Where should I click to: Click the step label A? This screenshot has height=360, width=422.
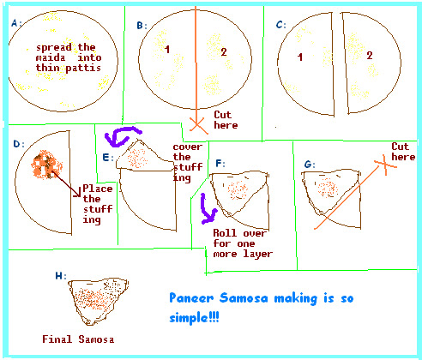tap(16, 23)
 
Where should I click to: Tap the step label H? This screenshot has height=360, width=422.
tap(61, 276)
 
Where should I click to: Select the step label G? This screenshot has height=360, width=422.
tap(310, 165)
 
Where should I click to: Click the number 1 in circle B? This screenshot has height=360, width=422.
tap(167, 50)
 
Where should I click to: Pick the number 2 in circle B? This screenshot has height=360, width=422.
tap(224, 51)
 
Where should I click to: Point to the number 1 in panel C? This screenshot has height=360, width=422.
tap(300, 57)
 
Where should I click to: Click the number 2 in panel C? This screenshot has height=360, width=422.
tap(370, 56)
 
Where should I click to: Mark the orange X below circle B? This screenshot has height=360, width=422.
tap(196, 125)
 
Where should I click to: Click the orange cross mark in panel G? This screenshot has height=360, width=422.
tap(385, 165)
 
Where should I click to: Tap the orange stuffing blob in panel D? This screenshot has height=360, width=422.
tap(46, 165)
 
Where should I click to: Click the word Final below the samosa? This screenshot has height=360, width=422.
tap(57, 339)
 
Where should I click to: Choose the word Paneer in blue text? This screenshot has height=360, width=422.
tap(191, 298)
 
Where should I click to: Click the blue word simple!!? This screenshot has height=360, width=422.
tap(194, 317)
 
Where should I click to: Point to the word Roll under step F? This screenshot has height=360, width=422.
tap(225, 233)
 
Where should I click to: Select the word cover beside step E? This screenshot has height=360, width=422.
tap(188, 147)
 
